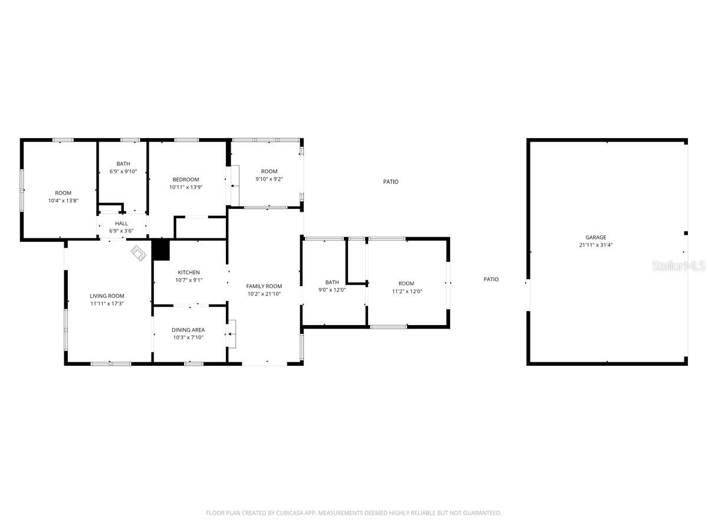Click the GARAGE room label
[x=595, y=237]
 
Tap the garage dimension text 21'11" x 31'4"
[x=595, y=245]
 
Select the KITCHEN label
[x=189, y=273]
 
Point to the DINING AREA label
[x=188, y=330]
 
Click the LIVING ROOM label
[x=107, y=296]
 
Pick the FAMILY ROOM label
[x=264, y=286]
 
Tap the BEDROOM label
[x=185, y=179]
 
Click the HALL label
[x=122, y=223]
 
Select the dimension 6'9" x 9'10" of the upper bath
[x=123, y=172]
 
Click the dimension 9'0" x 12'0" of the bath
[x=332, y=290]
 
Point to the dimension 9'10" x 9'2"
[x=269, y=179]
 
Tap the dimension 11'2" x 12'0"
[x=407, y=291]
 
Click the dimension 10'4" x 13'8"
[x=63, y=201]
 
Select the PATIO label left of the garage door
[x=491, y=279]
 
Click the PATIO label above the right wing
[x=391, y=182]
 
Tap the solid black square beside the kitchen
[x=160, y=250]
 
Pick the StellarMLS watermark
[x=678, y=267]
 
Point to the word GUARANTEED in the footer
[x=479, y=513]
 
